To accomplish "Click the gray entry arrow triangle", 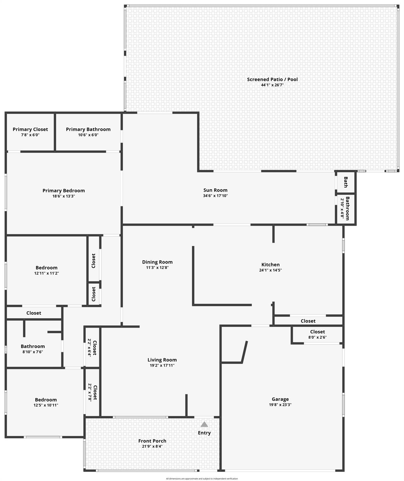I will tap(204, 424).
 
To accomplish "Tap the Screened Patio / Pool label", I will tap(272, 79).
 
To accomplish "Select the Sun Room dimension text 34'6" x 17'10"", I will tap(215, 196).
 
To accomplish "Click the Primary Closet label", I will tap(30, 129).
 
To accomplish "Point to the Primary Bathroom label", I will tap(88, 129).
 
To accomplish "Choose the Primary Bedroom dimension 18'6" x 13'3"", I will tap(64, 196).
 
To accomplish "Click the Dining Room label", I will tap(157, 262).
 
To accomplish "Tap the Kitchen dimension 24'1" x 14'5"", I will tap(270, 270).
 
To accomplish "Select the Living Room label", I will tap(162, 360).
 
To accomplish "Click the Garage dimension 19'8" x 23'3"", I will tap(280, 405).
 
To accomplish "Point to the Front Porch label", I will tap(152, 441).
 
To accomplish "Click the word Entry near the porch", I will tap(204, 433).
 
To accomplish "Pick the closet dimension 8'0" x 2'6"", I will tap(317, 337).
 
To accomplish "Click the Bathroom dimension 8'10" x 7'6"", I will tap(33, 352).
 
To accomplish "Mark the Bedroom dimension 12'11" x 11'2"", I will tap(47, 273).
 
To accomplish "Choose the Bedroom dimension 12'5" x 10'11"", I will tap(46, 405).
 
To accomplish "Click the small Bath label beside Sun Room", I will tap(346, 182).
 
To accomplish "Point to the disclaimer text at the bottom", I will tap(202, 478).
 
